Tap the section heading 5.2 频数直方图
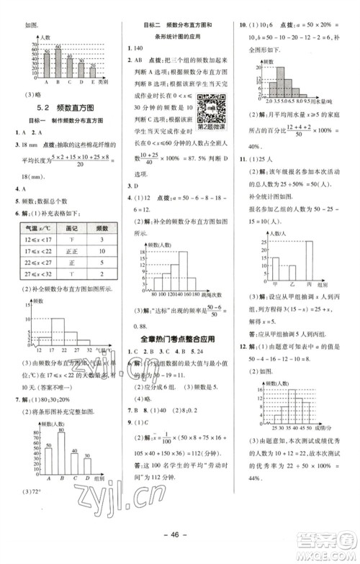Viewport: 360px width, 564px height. tap(60, 106)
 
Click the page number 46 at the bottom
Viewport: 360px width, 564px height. tap(180, 537)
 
